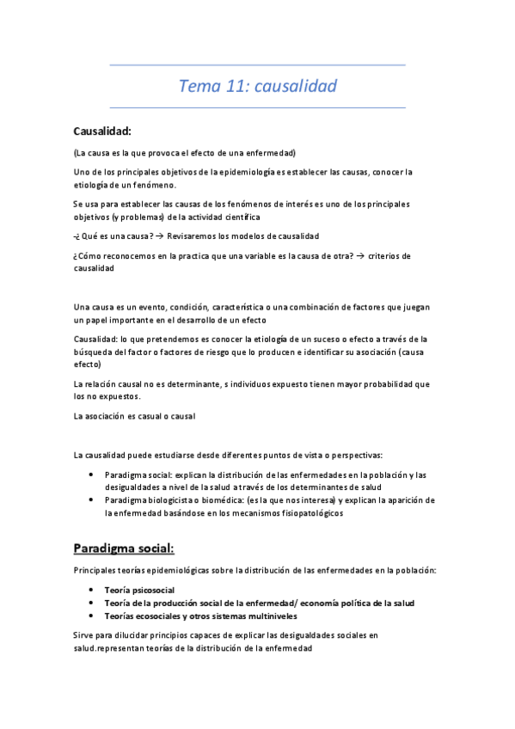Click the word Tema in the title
(x=198, y=87)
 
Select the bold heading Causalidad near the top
(x=102, y=132)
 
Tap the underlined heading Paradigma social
(x=125, y=548)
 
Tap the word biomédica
(x=218, y=499)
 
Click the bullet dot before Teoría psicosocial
(x=92, y=591)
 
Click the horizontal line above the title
(x=258, y=65)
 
